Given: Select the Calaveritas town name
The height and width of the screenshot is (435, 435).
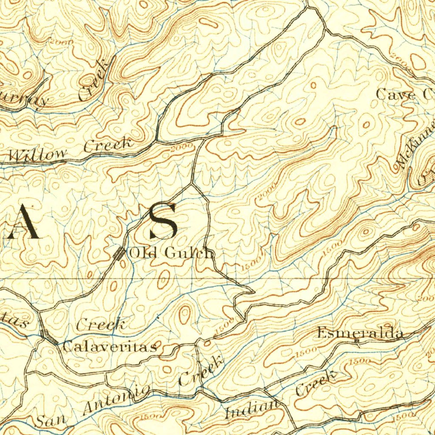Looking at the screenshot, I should [110, 347].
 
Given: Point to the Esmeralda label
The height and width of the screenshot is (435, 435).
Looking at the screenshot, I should [360, 333].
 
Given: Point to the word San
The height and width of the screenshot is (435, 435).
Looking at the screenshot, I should [51, 420].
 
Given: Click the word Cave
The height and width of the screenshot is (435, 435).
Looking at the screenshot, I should [395, 94].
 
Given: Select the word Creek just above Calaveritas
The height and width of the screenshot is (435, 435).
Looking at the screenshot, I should [101, 325].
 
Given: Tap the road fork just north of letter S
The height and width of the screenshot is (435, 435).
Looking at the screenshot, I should [192, 184].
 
